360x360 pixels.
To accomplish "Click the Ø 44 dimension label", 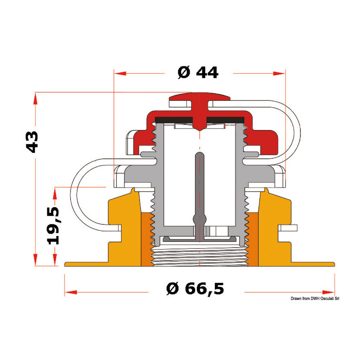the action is pos(198,72).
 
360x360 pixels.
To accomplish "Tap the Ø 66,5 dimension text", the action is pos(195,288).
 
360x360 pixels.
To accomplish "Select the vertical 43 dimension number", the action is pos(32,142).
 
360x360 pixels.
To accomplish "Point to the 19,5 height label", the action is pos(53,226).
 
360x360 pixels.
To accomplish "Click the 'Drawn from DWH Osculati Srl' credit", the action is pos(315,298).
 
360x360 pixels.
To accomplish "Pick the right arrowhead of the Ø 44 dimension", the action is pos(279,74).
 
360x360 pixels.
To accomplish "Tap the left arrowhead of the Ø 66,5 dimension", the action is pos(71,292).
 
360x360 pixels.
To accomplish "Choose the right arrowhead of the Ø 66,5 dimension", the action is pos(328,292).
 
